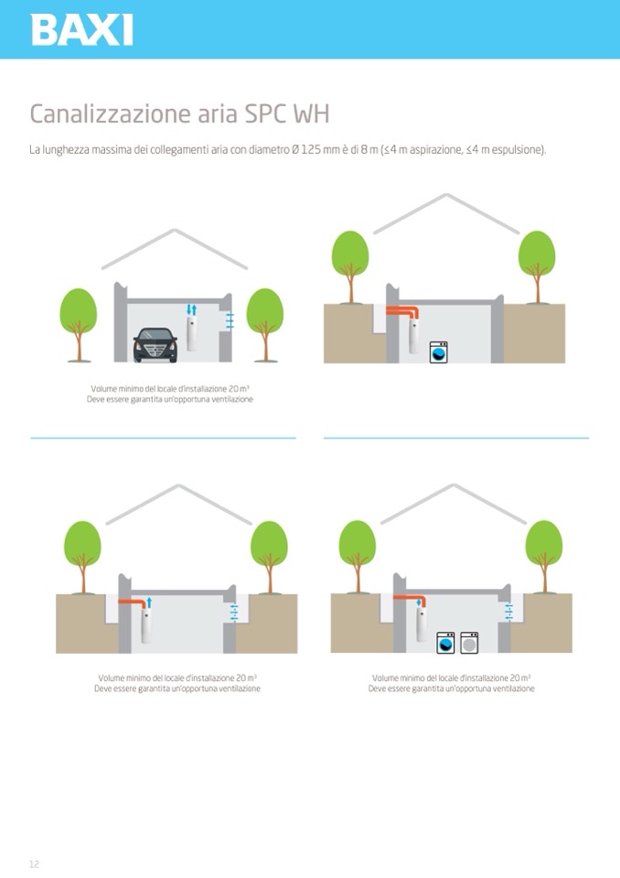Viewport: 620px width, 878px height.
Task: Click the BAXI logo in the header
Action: click(x=81, y=29)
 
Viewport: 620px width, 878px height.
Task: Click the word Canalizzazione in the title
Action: click(x=102, y=114)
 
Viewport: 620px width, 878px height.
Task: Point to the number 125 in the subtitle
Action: click(x=311, y=150)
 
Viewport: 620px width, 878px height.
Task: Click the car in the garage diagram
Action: click(x=155, y=344)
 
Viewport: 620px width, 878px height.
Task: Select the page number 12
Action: click(x=34, y=864)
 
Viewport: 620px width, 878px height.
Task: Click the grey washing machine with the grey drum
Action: click(x=470, y=643)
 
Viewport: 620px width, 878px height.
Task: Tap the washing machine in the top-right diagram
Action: click(x=439, y=352)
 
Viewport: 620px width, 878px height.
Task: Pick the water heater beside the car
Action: click(x=192, y=334)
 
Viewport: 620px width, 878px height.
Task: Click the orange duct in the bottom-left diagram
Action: click(x=132, y=602)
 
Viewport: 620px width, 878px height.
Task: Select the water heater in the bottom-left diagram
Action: click(x=146, y=626)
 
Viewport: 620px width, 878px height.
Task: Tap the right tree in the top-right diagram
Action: click(x=537, y=267)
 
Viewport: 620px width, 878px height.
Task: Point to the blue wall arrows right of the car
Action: click(x=229, y=320)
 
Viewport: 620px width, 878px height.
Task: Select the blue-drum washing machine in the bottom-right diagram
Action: click(x=445, y=643)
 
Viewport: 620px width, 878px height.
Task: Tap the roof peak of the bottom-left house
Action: click(x=178, y=485)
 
